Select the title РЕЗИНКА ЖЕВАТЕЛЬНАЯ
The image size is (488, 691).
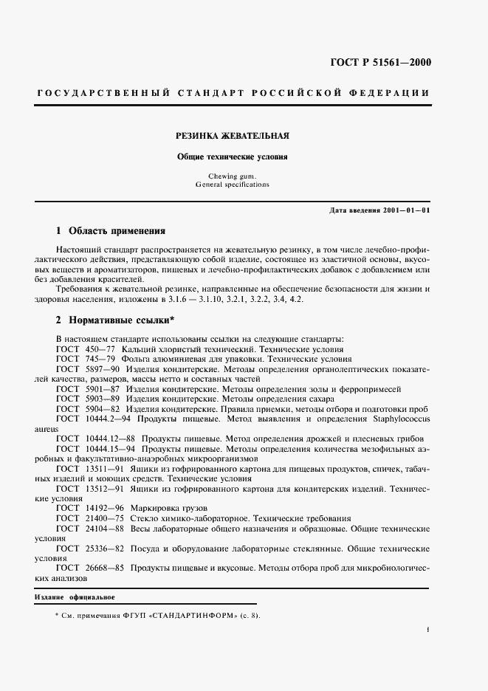(x=232, y=137)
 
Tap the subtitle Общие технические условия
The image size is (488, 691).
(x=232, y=157)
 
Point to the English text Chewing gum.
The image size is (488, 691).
(x=232, y=176)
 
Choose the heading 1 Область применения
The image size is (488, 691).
(x=111, y=230)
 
